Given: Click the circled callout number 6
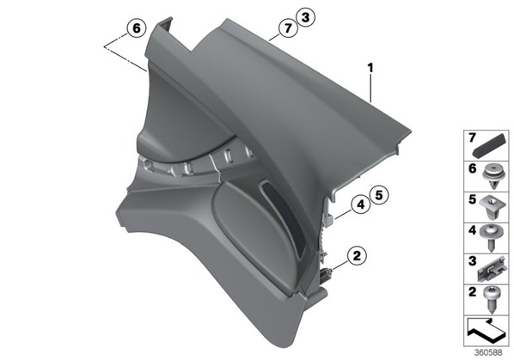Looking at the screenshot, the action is click(x=137, y=28).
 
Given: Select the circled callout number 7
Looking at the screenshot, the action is click(x=288, y=28).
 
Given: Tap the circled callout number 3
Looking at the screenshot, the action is click(x=305, y=17).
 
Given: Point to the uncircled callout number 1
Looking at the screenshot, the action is click(x=370, y=68).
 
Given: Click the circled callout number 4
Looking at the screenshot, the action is click(x=361, y=204).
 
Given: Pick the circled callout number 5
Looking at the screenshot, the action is click(x=378, y=196).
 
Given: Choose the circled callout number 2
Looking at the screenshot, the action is click(x=357, y=255).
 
